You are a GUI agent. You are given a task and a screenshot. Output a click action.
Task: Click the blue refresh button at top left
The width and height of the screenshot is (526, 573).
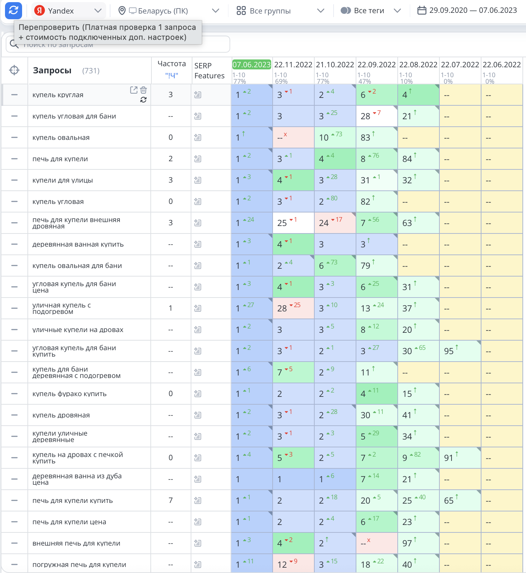(14, 10)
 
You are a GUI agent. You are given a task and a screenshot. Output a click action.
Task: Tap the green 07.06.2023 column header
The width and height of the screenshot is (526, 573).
(252, 64)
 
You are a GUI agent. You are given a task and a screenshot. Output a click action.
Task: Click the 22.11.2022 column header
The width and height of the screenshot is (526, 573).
(293, 64)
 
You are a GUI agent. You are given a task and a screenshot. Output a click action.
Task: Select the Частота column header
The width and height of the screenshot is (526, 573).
(172, 64)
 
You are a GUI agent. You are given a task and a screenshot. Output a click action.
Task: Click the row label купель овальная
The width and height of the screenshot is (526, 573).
(61, 137)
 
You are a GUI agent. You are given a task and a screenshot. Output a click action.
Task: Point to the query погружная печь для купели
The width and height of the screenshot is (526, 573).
(79, 564)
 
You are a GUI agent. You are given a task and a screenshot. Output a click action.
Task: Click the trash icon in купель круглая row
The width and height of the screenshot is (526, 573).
(143, 90)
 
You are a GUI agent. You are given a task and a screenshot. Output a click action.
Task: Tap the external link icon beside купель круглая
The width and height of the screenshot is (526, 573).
(134, 90)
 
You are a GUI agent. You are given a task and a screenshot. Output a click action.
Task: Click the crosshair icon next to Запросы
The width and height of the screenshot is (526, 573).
(14, 70)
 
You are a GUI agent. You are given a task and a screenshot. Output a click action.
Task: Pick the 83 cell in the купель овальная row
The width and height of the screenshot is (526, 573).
(377, 137)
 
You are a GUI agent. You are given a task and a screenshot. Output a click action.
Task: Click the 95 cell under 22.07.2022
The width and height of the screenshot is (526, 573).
(460, 351)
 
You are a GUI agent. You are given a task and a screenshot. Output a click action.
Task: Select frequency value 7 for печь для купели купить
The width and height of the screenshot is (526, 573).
(171, 500)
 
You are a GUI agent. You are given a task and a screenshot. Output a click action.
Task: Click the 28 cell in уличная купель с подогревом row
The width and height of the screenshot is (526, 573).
(293, 308)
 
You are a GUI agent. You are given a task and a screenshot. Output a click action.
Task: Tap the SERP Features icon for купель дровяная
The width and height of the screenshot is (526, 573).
(198, 415)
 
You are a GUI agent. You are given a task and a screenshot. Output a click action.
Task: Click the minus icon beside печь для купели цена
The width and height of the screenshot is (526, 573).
(14, 522)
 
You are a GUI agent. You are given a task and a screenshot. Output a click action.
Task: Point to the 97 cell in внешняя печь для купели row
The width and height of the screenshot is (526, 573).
(418, 543)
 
